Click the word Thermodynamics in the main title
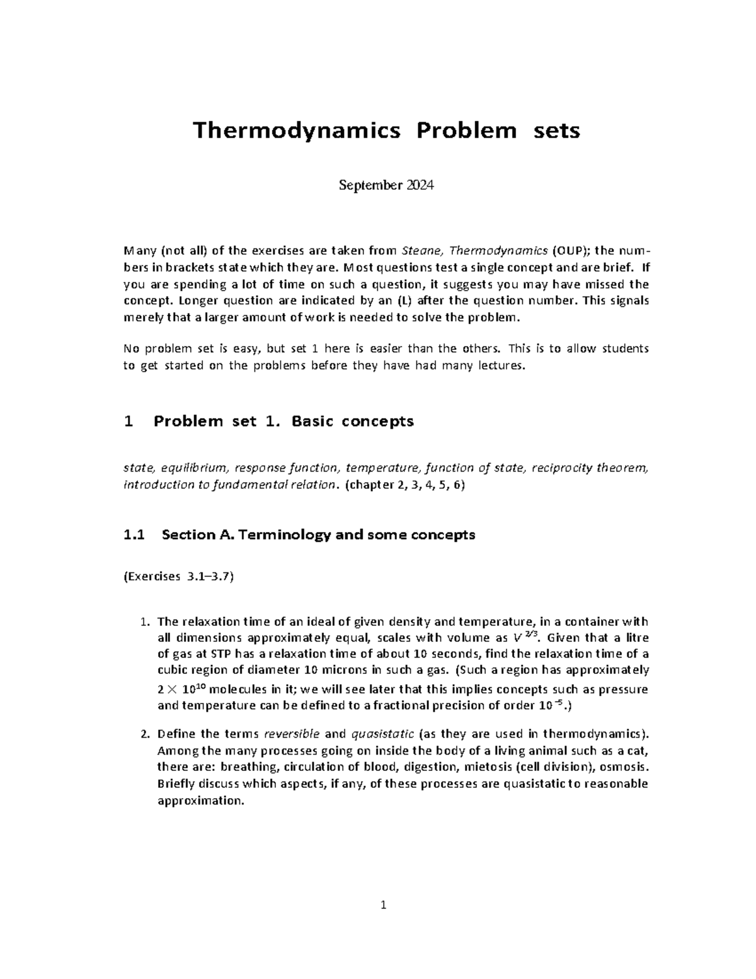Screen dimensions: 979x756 click(x=296, y=131)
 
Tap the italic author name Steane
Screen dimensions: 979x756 click(x=421, y=252)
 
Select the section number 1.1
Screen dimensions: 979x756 click(x=135, y=535)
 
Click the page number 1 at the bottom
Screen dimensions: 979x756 click(x=382, y=907)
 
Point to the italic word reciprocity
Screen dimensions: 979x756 click(x=563, y=468)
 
